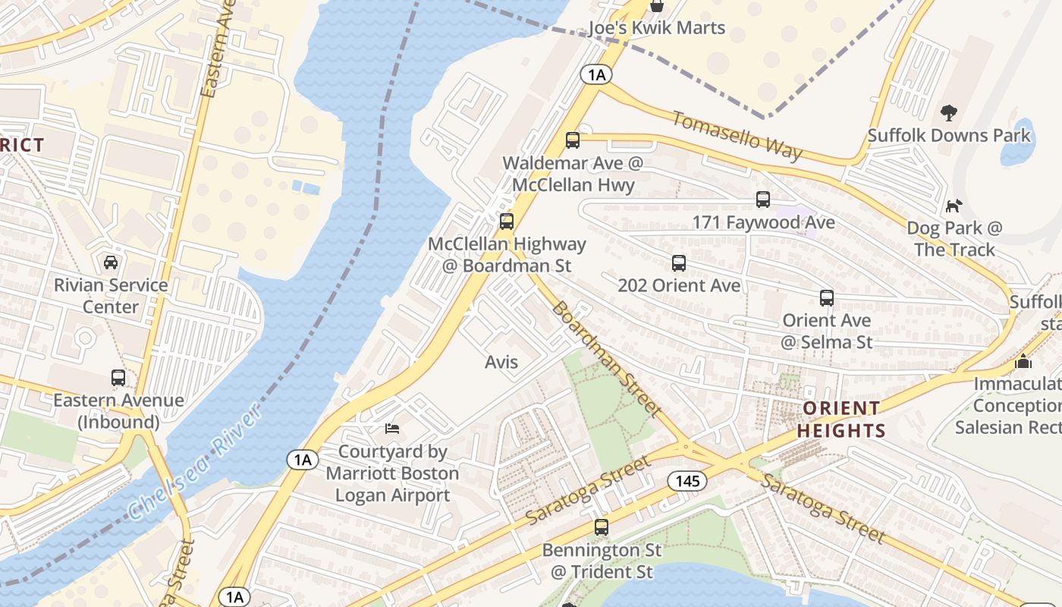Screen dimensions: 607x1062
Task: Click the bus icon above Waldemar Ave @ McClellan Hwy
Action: point(573,140)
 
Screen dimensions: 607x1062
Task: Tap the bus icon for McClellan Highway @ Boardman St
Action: point(506,222)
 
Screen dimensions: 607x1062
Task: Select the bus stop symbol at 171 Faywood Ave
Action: point(763,200)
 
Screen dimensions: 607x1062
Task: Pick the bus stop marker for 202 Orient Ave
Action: point(679,263)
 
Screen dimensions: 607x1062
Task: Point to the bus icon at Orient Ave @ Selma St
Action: point(827,298)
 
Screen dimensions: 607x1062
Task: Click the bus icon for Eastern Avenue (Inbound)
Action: point(118,378)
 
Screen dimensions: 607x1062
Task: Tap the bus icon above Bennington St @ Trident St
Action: point(602,527)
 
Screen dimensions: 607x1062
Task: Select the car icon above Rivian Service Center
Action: point(111,263)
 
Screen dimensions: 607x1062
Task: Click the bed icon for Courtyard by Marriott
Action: point(392,429)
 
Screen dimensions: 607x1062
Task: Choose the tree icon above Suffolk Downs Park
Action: point(948,114)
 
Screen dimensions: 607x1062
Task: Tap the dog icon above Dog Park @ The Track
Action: point(954,206)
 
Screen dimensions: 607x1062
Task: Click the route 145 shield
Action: point(687,481)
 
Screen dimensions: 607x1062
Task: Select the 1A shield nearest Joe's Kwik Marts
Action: point(596,74)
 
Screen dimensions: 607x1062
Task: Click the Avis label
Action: point(501,362)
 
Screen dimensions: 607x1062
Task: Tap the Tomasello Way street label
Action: point(737,136)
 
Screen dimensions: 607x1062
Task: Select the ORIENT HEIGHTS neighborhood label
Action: point(841,420)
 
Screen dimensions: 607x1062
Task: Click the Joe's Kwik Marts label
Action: point(657,28)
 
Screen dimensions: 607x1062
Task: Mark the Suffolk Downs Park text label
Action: point(949,136)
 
